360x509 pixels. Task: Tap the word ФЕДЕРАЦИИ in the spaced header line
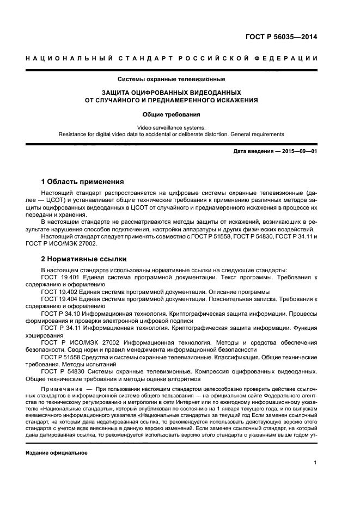point(289,58)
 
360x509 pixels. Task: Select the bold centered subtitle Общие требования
point(172,115)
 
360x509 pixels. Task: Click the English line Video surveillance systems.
point(172,127)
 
